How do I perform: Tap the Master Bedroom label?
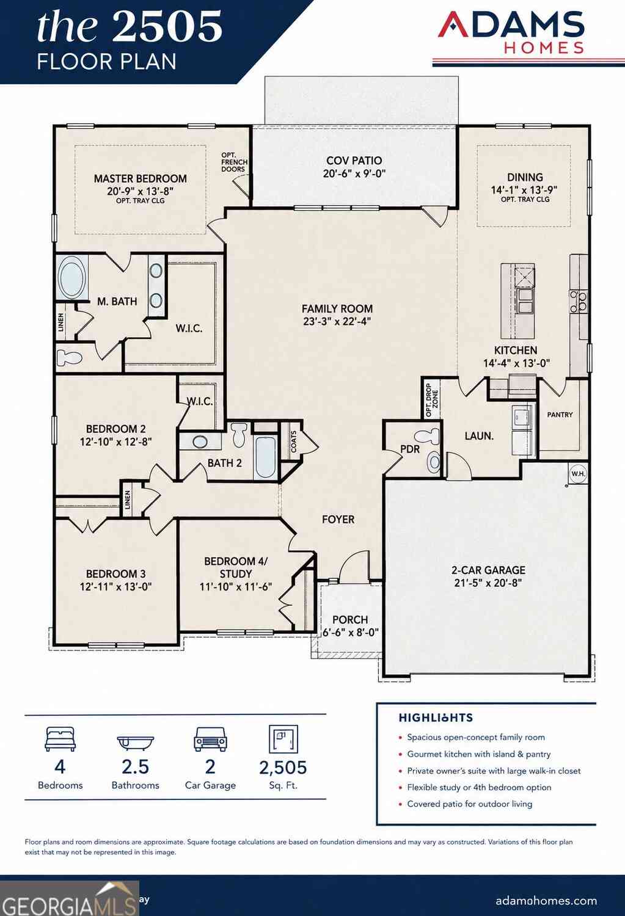click(x=141, y=179)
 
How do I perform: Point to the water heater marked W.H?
click(x=578, y=473)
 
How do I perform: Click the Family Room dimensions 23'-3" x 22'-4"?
click(x=337, y=321)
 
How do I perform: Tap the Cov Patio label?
click(x=354, y=161)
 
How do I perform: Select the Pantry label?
click(x=560, y=415)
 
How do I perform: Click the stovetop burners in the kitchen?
click(x=579, y=301)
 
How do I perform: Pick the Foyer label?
click(x=338, y=519)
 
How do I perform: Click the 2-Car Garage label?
click(x=488, y=570)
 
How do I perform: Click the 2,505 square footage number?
click(x=283, y=768)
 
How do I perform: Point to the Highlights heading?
click(x=436, y=718)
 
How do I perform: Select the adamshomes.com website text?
click(x=546, y=901)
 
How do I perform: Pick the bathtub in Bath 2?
click(x=265, y=457)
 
